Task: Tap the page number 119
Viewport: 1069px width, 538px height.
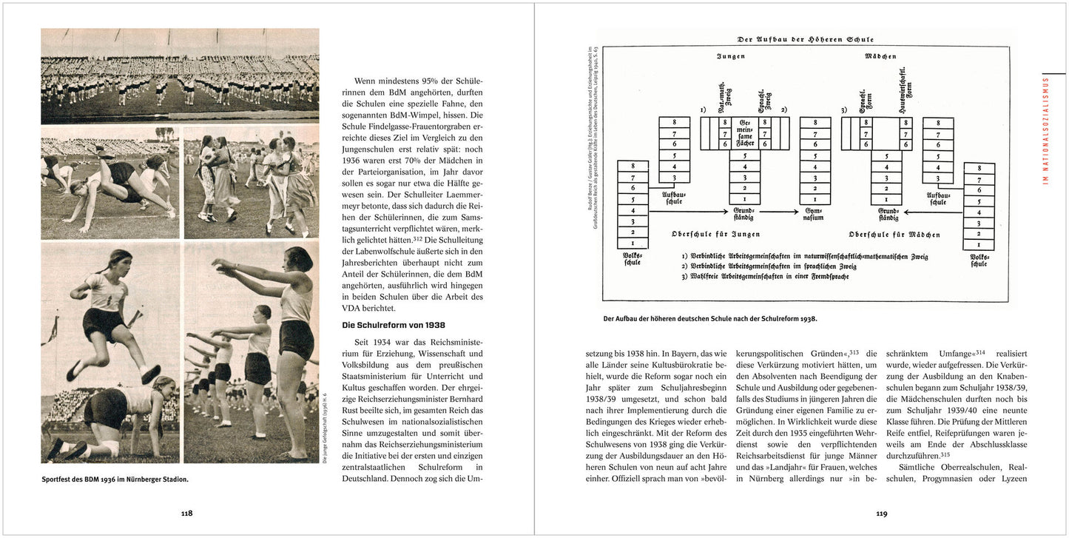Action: point(881,513)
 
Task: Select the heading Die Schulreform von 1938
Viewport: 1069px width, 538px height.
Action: point(393,325)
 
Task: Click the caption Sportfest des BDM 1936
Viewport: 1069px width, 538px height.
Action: point(115,479)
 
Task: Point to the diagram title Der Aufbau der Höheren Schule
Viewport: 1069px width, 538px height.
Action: point(805,39)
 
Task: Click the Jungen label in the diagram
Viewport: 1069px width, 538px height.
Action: point(730,56)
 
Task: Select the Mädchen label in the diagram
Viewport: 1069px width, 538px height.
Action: point(880,56)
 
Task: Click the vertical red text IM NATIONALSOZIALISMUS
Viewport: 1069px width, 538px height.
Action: point(1045,130)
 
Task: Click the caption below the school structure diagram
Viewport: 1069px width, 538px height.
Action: point(710,319)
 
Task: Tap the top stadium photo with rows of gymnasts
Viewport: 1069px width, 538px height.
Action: point(180,76)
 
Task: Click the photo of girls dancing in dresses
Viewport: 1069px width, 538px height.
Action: point(252,182)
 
